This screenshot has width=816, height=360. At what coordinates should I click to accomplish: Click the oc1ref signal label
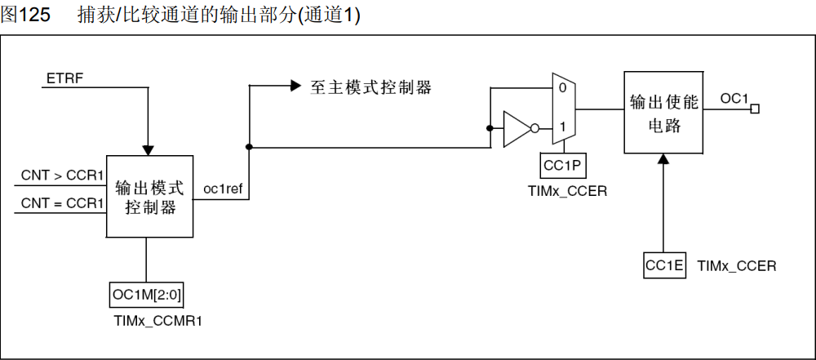pos(223,190)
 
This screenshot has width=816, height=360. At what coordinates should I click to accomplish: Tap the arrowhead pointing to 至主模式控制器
pos(295,86)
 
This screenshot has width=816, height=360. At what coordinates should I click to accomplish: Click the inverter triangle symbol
pos(517,128)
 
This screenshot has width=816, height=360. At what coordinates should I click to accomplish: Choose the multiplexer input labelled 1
pos(562,127)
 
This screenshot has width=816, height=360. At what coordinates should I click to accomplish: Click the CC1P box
pos(561,167)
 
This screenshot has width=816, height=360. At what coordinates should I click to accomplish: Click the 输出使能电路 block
pos(663,113)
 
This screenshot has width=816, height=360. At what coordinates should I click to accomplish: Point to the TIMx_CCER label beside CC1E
pos(737,266)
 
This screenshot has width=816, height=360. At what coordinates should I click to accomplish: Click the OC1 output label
pos(734,99)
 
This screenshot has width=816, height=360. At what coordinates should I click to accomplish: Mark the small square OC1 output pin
pos(755,109)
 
